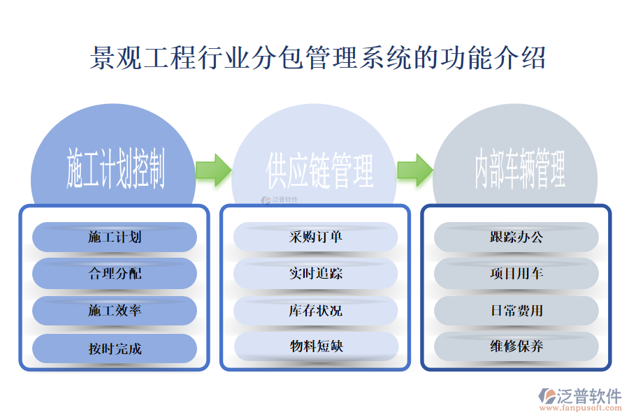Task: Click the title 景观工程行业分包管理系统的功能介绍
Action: pos(318,58)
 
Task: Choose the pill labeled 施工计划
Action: pos(115,237)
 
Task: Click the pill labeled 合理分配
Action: pos(115,274)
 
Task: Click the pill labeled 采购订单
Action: pos(316,237)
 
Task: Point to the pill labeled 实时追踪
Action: pos(316,274)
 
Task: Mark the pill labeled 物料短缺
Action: pos(316,346)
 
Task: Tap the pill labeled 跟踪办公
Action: pos(516,237)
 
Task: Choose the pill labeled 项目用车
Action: pos(516,274)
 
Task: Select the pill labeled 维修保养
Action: pos(516,346)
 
